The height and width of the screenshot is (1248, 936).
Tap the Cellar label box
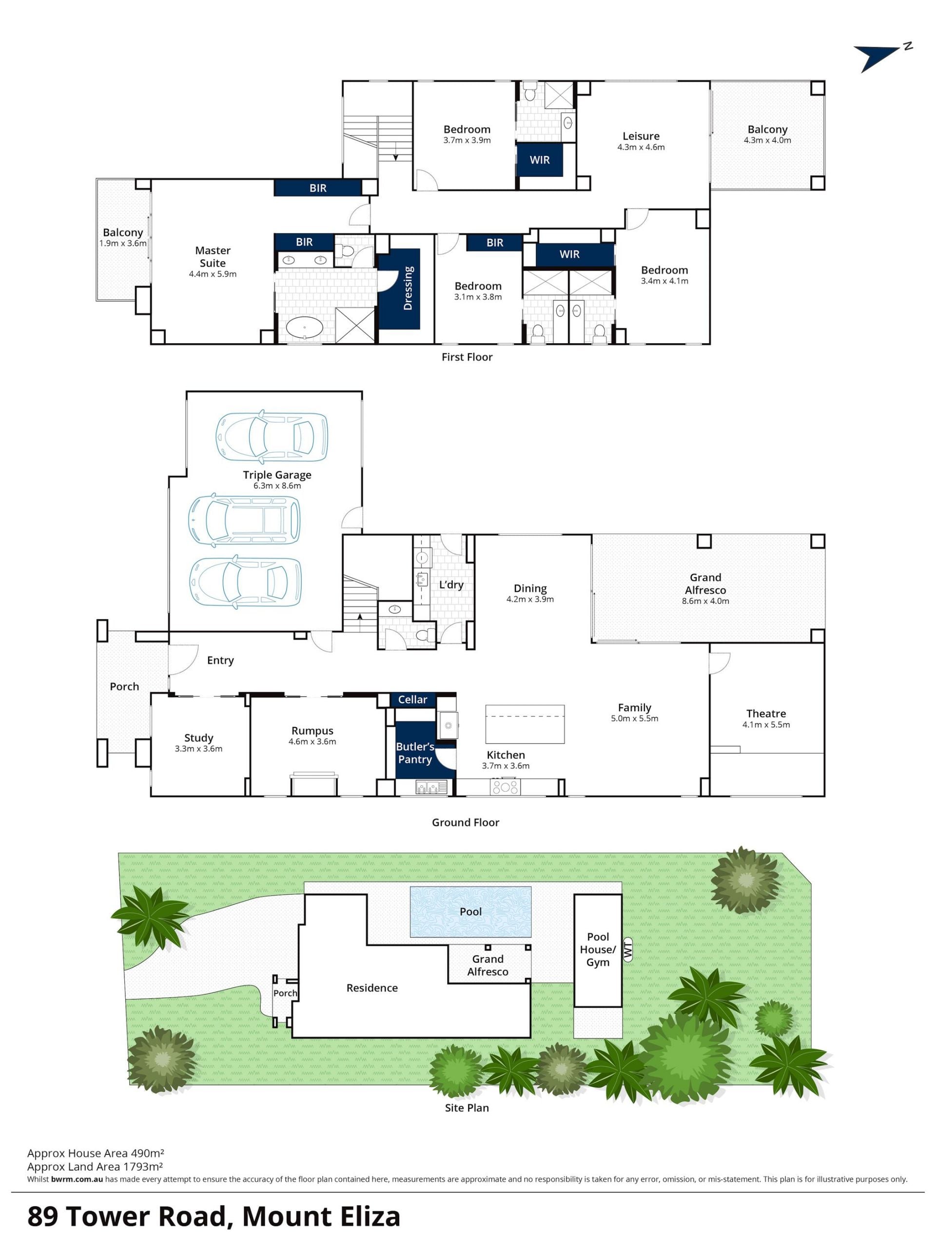412,700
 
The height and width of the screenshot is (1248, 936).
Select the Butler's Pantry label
415,753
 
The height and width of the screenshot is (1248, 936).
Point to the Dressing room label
408,288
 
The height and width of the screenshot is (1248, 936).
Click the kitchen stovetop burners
505,787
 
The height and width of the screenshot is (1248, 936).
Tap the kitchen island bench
525,724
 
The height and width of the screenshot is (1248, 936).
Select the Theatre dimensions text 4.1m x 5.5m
765,724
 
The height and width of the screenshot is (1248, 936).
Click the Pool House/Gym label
598,949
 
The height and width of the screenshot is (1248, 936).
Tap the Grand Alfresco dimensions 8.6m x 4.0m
705,601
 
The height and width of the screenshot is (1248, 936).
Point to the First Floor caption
467,357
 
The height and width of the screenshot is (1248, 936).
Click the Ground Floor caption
466,822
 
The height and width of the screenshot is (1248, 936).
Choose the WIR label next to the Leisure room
539,160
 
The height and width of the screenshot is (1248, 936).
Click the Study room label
198,738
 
